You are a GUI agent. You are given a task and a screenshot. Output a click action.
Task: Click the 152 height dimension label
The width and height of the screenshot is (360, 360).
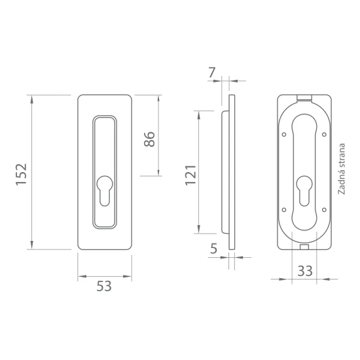[x=22, y=174]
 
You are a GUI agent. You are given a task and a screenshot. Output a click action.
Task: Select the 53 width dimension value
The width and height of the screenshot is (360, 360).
[x=104, y=286]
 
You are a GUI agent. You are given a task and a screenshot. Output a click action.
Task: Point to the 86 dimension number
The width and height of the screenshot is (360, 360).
[x=149, y=139]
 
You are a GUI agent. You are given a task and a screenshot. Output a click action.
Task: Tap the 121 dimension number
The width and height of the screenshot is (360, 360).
[x=190, y=175]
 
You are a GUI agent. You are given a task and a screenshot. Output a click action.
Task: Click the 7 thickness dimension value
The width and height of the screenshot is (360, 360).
[x=211, y=73]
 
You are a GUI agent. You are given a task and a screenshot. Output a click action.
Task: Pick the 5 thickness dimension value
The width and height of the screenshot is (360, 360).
[x=213, y=249]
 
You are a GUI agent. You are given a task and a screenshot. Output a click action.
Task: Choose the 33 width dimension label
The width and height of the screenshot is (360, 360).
[x=305, y=271]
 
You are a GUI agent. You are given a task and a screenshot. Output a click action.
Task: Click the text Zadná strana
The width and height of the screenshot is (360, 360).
[x=342, y=169]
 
